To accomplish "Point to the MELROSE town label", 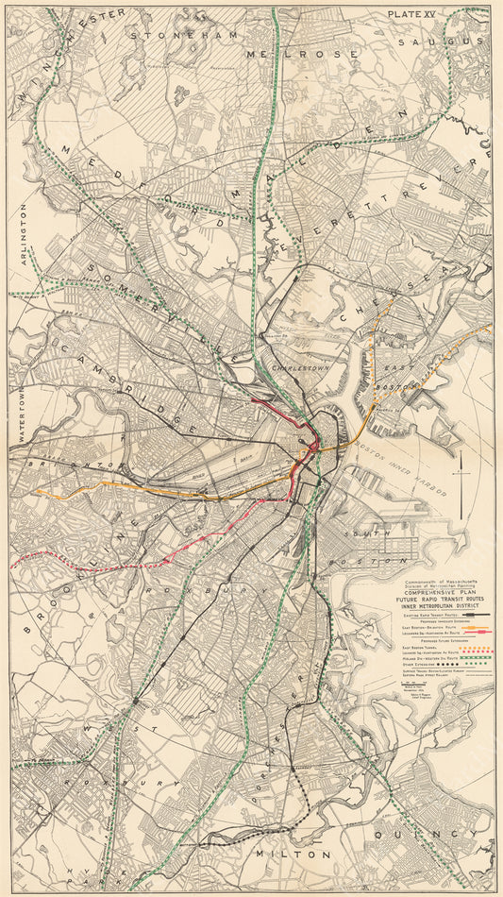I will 302,54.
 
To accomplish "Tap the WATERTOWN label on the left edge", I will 19,408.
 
